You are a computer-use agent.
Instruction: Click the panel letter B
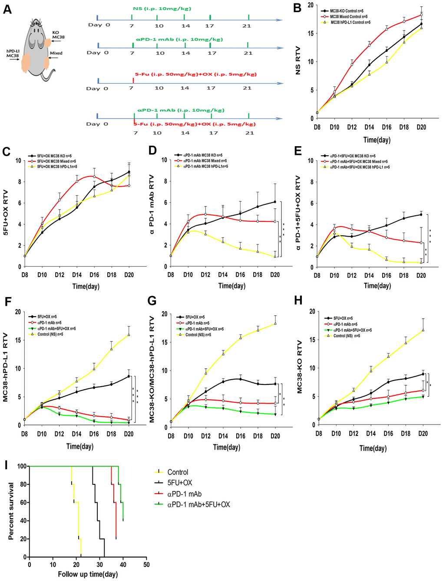coord(298,8)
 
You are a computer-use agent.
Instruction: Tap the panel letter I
coord(6,465)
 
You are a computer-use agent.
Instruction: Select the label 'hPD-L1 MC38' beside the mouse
coord(13,53)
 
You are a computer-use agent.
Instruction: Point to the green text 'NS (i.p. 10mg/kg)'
coord(162,9)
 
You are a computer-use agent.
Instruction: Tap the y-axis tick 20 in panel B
coord(310,5)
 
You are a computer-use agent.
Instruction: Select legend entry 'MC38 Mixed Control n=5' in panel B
coord(349,17)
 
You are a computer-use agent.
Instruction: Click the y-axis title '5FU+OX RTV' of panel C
coord(6,213)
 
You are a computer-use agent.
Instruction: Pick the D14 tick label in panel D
coord(223,275)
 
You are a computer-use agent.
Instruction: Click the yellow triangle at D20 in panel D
coord(275,257)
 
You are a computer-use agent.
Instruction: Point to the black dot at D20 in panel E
coord(421,214)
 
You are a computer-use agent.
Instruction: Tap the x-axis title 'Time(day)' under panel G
coord(227,447)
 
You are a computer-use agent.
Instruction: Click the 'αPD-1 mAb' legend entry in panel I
coord(184,494)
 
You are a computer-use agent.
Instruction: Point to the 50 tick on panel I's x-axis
coord(146,564)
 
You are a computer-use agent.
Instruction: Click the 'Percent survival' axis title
coord(11,511)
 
